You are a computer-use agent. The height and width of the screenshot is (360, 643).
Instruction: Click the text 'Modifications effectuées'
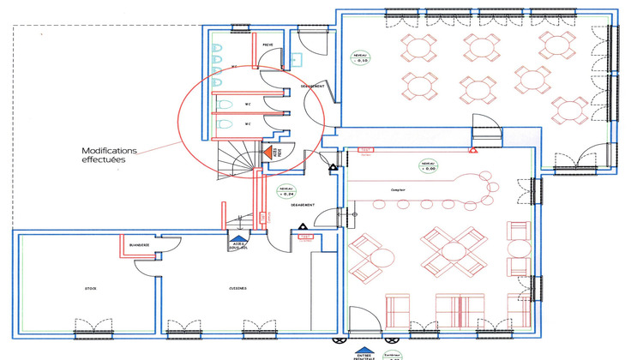coord(109,154)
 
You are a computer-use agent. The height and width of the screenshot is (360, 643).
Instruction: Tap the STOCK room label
coord(91,289)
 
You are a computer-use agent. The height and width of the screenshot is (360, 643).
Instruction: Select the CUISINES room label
coord(237,289)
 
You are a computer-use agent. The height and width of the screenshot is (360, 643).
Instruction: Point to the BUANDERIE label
coord(139,245)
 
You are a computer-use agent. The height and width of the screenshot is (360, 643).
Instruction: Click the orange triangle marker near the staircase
coord(267,152)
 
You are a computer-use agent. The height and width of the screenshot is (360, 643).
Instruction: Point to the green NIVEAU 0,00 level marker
coord(429,165)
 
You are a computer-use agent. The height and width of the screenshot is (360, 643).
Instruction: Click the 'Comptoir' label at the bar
coord(398,190)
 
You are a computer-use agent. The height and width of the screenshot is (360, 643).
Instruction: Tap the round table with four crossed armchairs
coord(452,250)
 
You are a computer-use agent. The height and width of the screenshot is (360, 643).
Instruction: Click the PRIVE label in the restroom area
coord(267,45)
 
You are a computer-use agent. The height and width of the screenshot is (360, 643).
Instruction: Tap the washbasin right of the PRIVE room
coord(297,60)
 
